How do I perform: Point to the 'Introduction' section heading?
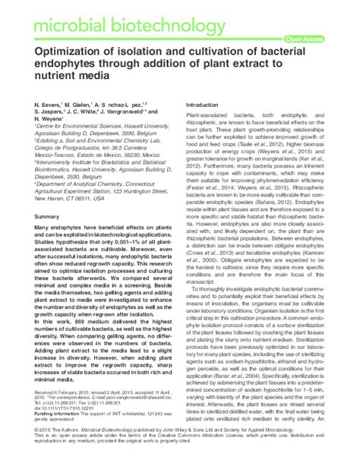click(207, 104)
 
